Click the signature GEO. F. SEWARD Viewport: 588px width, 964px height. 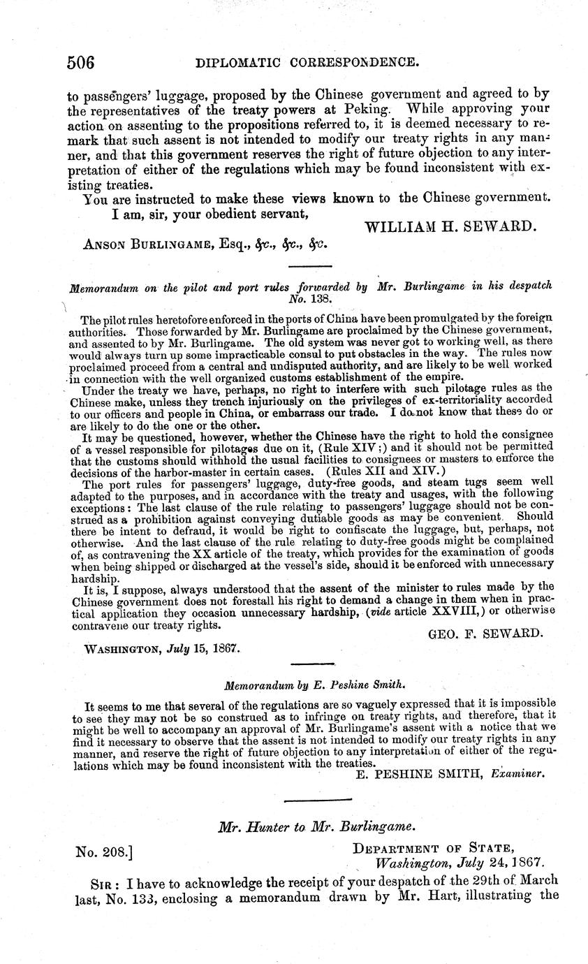tap(484, 633)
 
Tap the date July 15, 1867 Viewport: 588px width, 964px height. tap(207, 648)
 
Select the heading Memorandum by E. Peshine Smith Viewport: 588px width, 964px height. tap(314, 685)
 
